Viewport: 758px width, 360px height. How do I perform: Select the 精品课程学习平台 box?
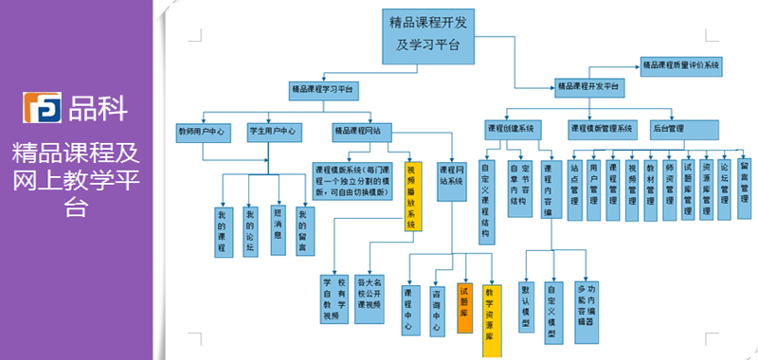(322, 90)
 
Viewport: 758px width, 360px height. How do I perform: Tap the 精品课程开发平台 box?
(587, 88)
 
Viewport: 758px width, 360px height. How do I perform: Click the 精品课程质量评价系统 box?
(681, 65)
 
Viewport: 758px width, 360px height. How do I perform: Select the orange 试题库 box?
(464, 308)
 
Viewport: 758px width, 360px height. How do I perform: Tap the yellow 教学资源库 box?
(490, 319)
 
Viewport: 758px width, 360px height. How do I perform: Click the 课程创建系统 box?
(511, 127)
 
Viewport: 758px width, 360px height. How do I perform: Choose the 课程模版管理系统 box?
(601, 127)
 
